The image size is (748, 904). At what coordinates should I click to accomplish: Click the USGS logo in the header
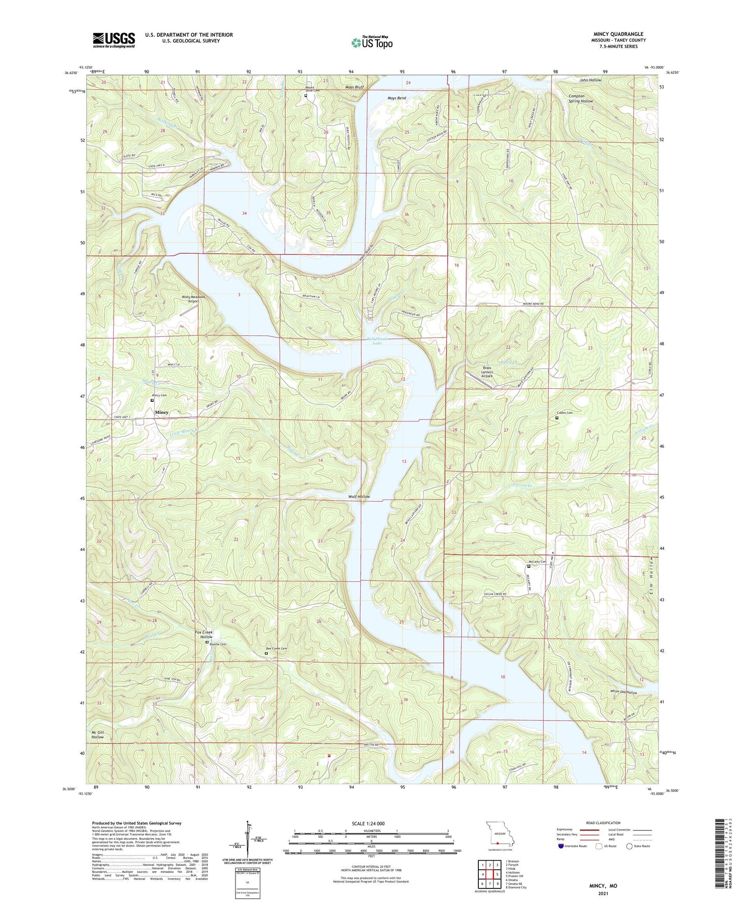(114, 39)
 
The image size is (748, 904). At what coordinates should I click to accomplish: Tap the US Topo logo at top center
(372, 42)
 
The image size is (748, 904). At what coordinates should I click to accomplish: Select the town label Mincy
(162, 412)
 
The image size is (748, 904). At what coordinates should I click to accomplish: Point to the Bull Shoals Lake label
(377, 341)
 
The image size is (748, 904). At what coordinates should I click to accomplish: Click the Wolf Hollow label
(359, 497)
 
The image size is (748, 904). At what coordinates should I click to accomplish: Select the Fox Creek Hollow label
(203, 635)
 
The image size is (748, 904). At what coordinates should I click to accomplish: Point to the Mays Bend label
(397, 98)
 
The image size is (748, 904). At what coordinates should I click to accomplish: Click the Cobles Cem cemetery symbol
(557, 418)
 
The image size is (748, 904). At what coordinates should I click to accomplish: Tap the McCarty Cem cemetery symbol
(529, 566)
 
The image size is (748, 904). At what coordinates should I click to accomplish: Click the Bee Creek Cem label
(276, 648)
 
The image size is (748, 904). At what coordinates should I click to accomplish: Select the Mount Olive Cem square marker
(306, 95)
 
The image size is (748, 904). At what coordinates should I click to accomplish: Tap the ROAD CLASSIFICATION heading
(603, 823)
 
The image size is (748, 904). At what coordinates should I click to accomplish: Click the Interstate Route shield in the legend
(561, 846)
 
